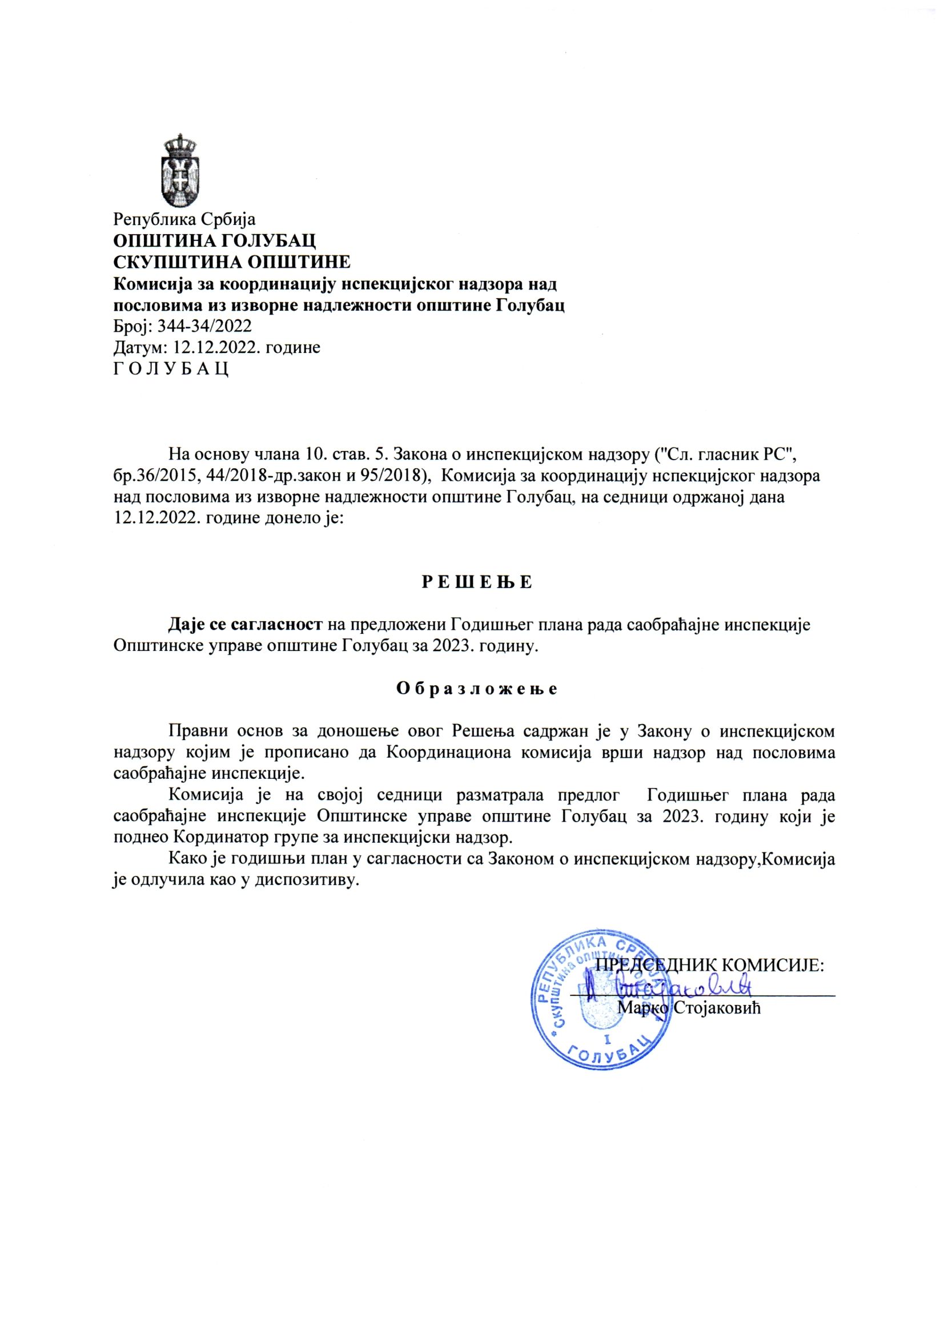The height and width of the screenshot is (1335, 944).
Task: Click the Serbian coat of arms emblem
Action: click(x=180, y=170)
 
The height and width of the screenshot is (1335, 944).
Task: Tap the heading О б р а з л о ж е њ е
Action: click(x=477, y=689)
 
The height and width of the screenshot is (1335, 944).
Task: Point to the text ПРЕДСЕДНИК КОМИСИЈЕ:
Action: click(x=710, y=966)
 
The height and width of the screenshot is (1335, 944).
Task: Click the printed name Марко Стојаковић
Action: click(x=689, y=1007)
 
